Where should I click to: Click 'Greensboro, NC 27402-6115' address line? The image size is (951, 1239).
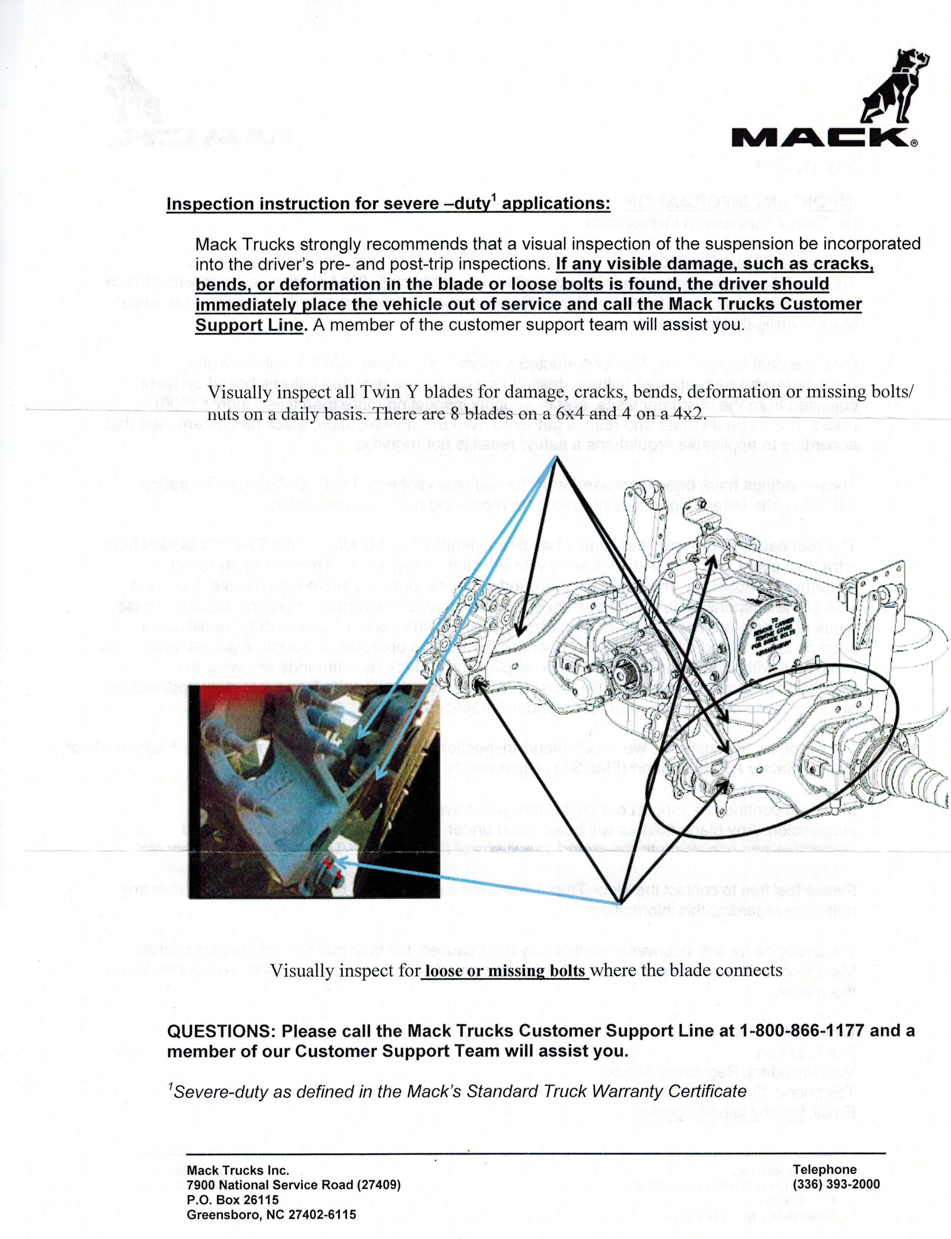(x=271, y=1215)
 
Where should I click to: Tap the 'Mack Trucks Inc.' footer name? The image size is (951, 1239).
(x=238, y=1170)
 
